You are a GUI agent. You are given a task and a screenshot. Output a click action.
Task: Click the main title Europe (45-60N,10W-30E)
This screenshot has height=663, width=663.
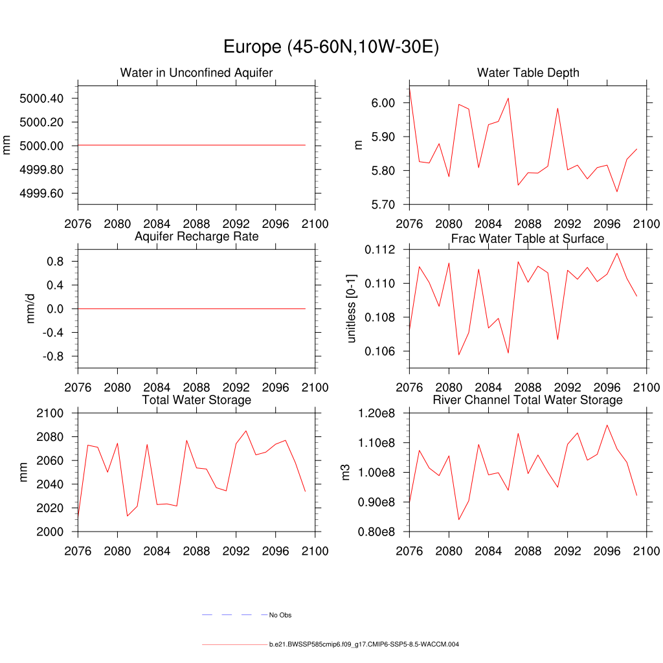(331, 47)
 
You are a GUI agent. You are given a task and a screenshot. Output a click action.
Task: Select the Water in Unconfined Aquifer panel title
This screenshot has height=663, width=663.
(196, 73)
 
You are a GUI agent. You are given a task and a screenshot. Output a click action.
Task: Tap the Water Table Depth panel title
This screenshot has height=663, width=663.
(528, 73)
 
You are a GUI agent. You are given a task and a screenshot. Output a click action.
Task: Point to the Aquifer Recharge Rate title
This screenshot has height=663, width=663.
(196, 236)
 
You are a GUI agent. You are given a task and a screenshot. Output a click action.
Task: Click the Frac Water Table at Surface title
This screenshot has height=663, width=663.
(528, 239)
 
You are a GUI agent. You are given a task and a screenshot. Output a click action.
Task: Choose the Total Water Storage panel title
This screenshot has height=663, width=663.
(196, 400)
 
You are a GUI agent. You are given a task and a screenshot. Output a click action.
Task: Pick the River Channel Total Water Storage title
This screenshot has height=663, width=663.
(528, 400)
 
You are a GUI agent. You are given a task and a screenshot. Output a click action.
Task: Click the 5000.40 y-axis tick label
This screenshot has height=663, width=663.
(41, 98)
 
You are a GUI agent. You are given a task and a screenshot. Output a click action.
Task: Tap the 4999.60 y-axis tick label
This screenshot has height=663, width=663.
(41, 194)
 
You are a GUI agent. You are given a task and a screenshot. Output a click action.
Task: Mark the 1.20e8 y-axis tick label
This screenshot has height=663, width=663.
(380, 413)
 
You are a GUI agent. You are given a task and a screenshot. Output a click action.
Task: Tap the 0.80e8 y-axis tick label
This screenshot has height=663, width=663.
(380, 532)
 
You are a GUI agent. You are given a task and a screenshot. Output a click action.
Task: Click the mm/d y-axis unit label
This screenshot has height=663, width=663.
(30, 309)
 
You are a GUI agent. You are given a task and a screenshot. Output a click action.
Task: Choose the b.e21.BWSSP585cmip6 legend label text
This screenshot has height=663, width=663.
(364, 645)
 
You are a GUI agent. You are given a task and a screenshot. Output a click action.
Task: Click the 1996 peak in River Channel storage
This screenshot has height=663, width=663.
(607, 425)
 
